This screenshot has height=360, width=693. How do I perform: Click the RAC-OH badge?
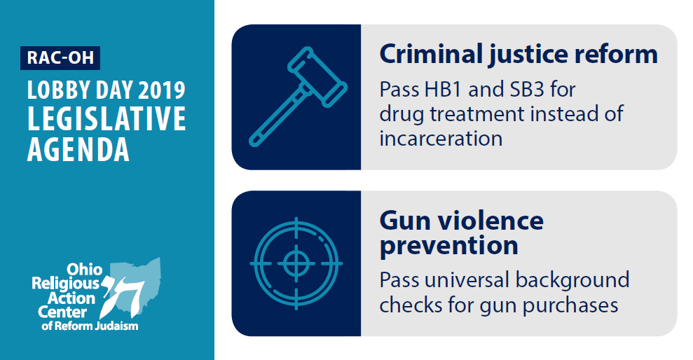[x=60, y=58]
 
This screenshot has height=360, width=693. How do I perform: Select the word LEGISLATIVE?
[x=107, y=118]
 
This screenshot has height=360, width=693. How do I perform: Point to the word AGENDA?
[x=78, y=149]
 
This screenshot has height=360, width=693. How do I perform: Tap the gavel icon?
[x=298, y=97]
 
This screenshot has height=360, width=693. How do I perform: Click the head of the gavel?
[x=317, y=77]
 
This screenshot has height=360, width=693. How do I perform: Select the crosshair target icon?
[x=296, y=264]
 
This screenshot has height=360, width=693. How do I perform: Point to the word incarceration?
[x=441, y=139]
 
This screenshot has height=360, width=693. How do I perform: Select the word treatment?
[x=477, y=114]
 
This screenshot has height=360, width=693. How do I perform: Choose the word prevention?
[x=449, y=247]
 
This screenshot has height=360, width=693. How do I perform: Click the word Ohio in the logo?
[x=84, y=269]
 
